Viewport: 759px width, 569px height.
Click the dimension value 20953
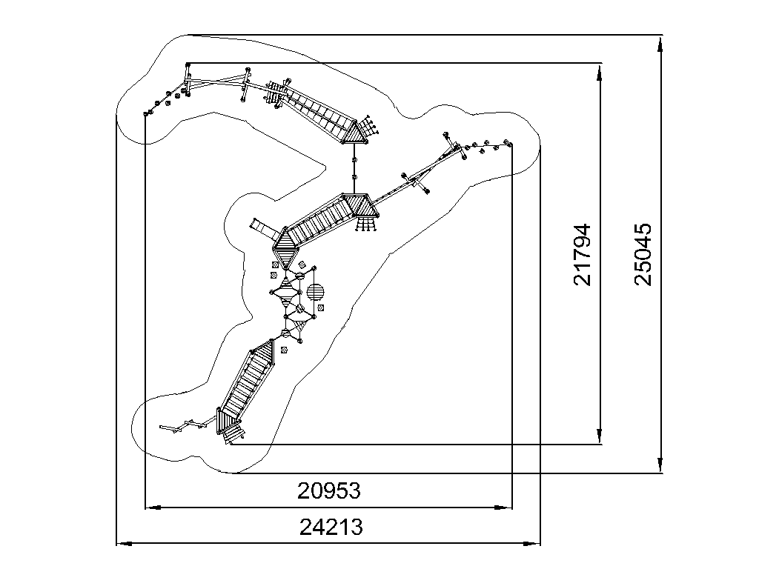coord(328,490)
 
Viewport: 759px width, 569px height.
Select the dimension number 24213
coord(331,527)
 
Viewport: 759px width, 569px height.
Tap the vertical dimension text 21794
coord(583,255)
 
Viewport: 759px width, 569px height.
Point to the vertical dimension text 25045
coord(643,254)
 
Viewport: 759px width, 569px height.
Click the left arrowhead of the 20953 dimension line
coord(153,508)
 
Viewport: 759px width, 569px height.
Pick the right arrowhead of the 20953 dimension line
coord(504,508)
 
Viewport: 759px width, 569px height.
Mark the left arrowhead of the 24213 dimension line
coord(125,544)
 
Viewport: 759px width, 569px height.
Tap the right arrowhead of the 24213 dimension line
coord(532,544)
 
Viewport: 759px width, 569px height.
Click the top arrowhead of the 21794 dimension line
coord(600,71)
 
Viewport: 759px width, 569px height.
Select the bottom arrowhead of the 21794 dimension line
coord(600,436)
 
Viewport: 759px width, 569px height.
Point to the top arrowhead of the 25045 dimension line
coord(660,43)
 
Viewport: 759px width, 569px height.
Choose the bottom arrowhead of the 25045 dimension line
coord(660,465)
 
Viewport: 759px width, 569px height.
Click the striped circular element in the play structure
coord(316,292)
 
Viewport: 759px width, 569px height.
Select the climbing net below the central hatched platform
coord(366,224)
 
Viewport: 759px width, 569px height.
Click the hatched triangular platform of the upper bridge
coord(357,133)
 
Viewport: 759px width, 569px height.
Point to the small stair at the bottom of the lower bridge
coord(233,433)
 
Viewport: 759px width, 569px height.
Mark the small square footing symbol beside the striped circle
coord(320,307)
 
